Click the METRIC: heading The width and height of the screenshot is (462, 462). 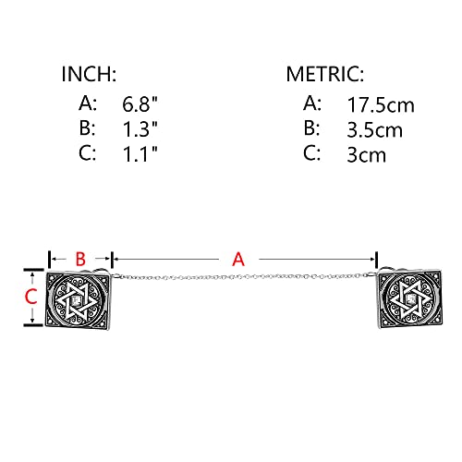[324, 75]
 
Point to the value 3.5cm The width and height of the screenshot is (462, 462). [372, 129]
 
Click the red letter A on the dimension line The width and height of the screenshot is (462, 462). [238, 260]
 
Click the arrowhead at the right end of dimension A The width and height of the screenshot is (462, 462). [375, 260]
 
